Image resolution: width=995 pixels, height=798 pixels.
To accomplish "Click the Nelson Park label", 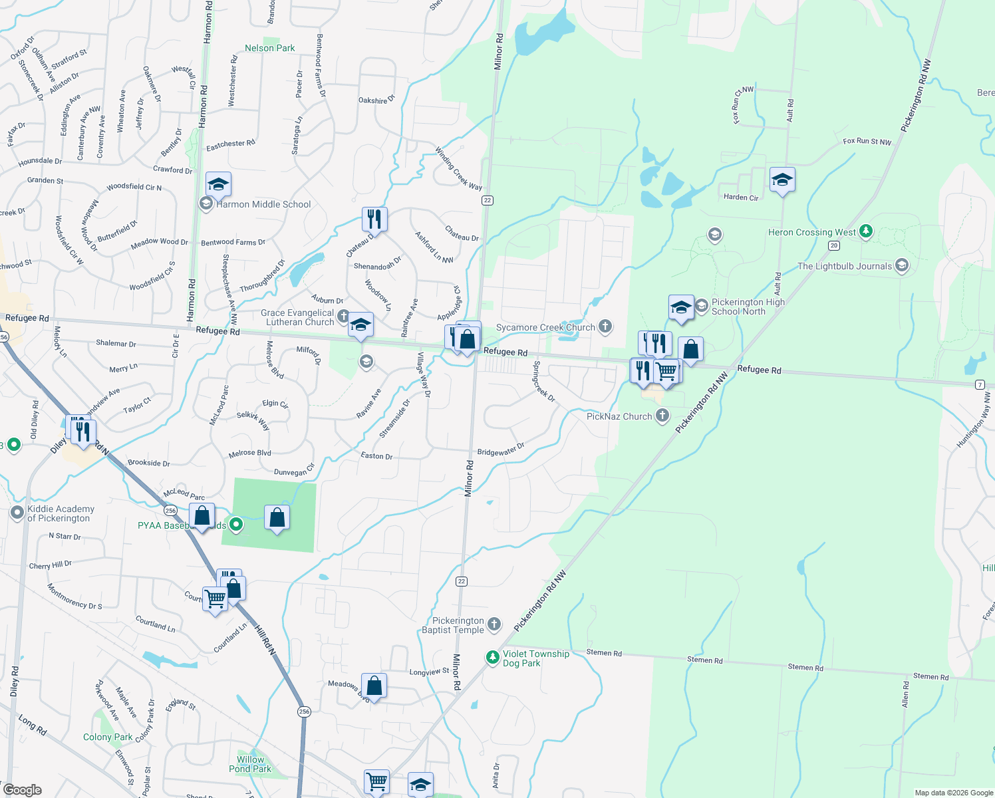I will tap(269, 48).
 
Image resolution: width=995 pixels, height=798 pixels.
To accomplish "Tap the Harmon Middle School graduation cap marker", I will tap(218, 183).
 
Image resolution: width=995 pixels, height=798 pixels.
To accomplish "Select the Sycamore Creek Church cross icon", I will tap(605, 326).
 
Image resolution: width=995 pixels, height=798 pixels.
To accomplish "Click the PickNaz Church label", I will tap(619, 416).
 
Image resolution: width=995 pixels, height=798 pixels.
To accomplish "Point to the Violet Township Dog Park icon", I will tap(492, 658).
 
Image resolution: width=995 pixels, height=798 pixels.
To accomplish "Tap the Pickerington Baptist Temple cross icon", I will tap(494, 624).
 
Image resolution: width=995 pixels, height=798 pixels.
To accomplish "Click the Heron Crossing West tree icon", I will tap(865, 231).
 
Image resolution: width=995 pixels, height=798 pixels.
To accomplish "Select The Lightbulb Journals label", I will tap(845, 266).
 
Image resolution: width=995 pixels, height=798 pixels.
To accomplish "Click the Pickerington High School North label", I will tap(748, 307).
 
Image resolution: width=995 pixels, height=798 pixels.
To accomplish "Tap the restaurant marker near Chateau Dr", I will tap(374, 218).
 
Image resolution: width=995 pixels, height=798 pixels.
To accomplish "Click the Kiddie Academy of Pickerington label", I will tap(61, 513).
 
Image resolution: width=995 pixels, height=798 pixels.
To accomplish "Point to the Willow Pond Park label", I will tap(250, 764).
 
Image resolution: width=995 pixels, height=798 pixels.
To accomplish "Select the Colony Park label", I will tap(108, 737).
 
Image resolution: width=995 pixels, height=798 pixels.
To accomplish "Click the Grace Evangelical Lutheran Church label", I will tap(297, 317).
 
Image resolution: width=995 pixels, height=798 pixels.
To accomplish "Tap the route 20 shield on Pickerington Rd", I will tap(834, 245).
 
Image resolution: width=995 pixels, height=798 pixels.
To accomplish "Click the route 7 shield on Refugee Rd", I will tap(980, 385).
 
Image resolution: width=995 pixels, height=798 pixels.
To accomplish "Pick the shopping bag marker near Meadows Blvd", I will tap(374, 686).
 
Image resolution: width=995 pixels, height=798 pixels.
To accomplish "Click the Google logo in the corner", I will tap(23, 790).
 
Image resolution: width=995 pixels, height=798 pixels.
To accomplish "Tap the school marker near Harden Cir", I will tap(782, 180).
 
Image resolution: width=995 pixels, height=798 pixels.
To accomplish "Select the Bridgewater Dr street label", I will tap(501, 451).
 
